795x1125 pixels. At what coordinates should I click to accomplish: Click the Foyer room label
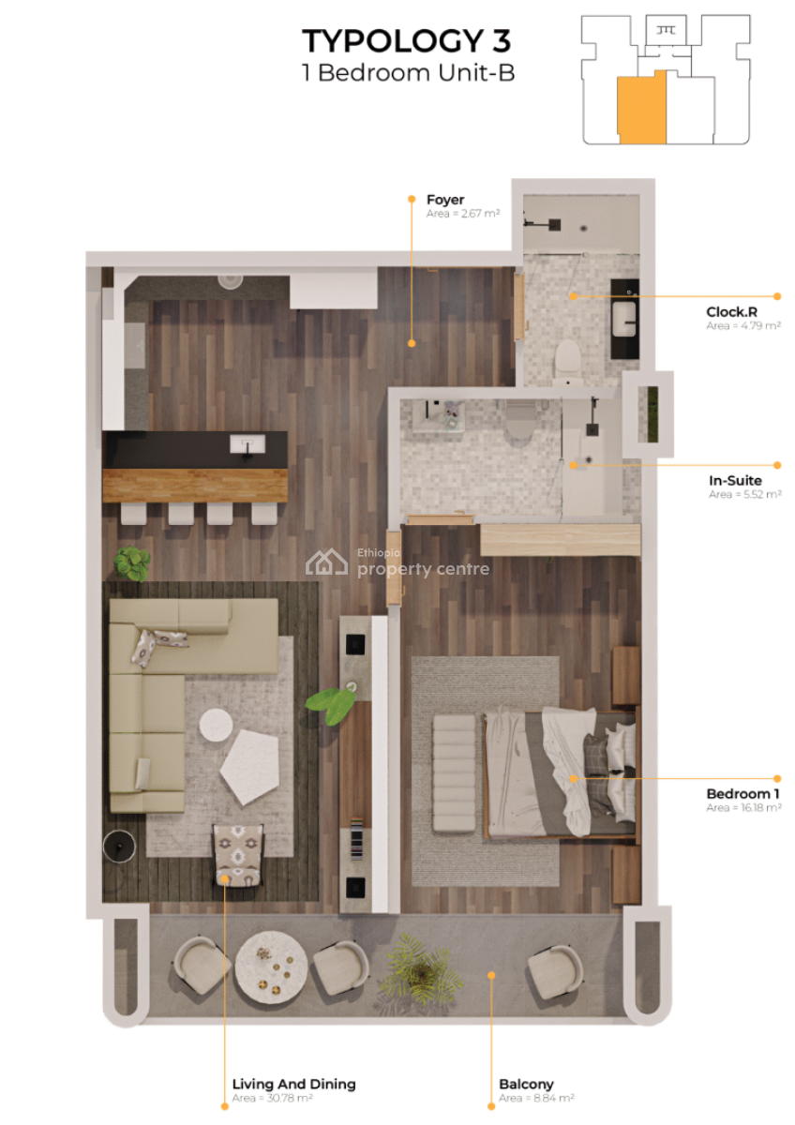[x=445, y=199]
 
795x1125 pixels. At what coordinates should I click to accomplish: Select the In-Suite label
[x=734, y=481]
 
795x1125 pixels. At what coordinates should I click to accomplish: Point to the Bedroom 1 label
[x=742, y=794]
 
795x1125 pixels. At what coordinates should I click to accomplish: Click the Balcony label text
[x=526, y=1084]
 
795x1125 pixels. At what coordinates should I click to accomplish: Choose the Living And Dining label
[x=293, y=1084]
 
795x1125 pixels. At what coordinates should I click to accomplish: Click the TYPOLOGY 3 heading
[x=407, y=41]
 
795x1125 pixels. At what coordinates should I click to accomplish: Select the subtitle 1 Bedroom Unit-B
[x=408, y=73]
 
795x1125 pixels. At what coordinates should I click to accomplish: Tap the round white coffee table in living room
[x=217, y=725]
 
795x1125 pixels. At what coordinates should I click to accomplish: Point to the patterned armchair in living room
[x=238, y=854]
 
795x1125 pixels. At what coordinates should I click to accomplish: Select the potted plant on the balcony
[x=417, y=968]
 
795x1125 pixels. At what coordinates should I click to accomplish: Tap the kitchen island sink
[x=247, y=443]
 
